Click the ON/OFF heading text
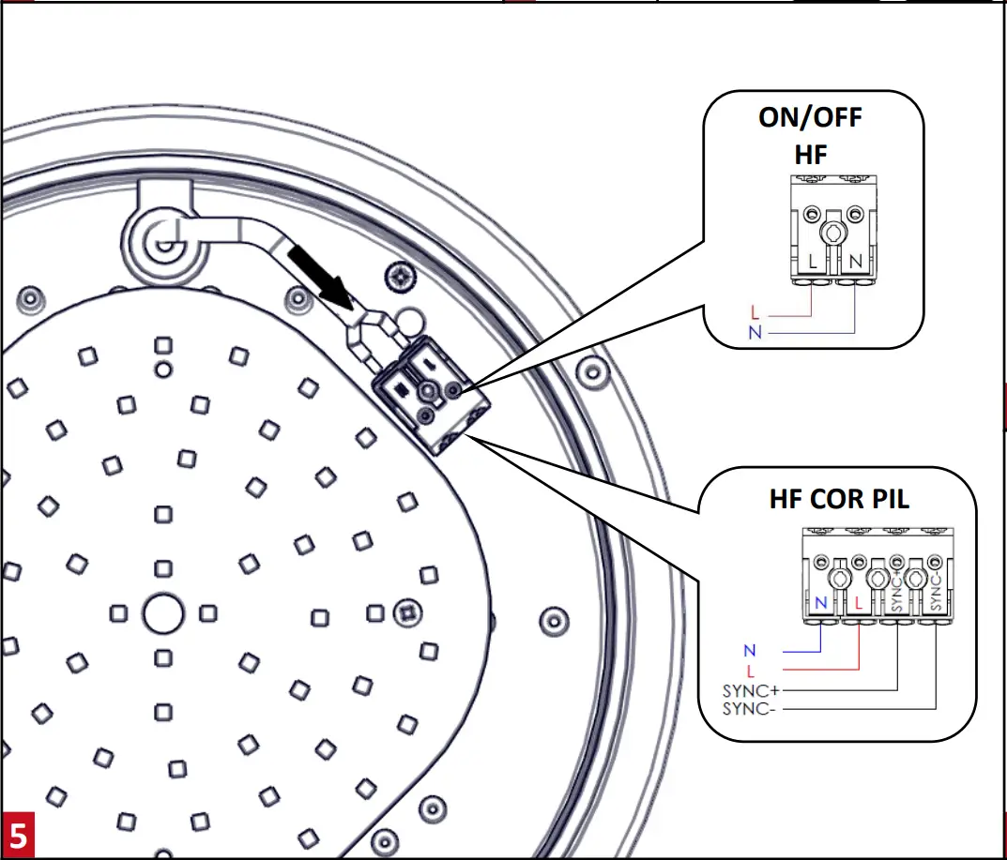(810, 118)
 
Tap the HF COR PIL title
(839, 498)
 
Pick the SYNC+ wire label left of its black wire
(750, 691)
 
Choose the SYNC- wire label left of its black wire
(749, 708)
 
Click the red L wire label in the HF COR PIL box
(750, 671)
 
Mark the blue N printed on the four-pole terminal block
(822, 602)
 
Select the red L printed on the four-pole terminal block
(860, 602)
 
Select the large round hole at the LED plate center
(161, 614)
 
